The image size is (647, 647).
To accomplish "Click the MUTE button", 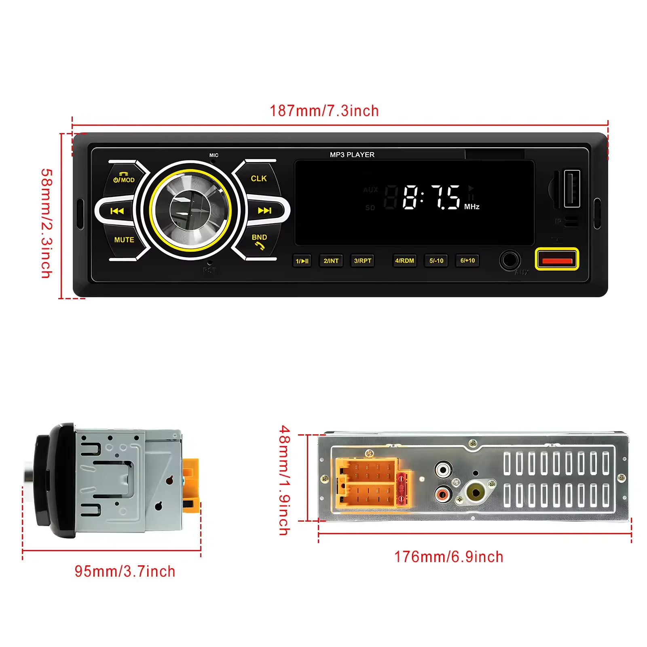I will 124,240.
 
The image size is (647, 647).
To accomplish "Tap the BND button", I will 259,241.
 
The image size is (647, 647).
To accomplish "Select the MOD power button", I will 124,178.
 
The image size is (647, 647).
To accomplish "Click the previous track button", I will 117,211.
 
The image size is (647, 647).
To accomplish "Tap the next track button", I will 265,210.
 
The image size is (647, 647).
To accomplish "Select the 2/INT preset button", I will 331,261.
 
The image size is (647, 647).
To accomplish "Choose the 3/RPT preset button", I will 362,261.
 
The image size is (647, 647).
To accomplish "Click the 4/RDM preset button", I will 404,261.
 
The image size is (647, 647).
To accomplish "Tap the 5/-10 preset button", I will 436,261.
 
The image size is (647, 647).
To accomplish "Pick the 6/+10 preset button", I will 467,260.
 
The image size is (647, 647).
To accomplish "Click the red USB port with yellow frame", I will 557,259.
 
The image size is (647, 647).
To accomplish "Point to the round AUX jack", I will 509,260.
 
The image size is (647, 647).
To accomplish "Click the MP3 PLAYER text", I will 352,154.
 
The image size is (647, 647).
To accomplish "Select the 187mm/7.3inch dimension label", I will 324,111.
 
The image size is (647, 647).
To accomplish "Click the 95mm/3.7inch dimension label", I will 125,571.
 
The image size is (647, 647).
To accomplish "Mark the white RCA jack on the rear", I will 443,470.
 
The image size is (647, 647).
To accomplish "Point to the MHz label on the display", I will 472,207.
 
